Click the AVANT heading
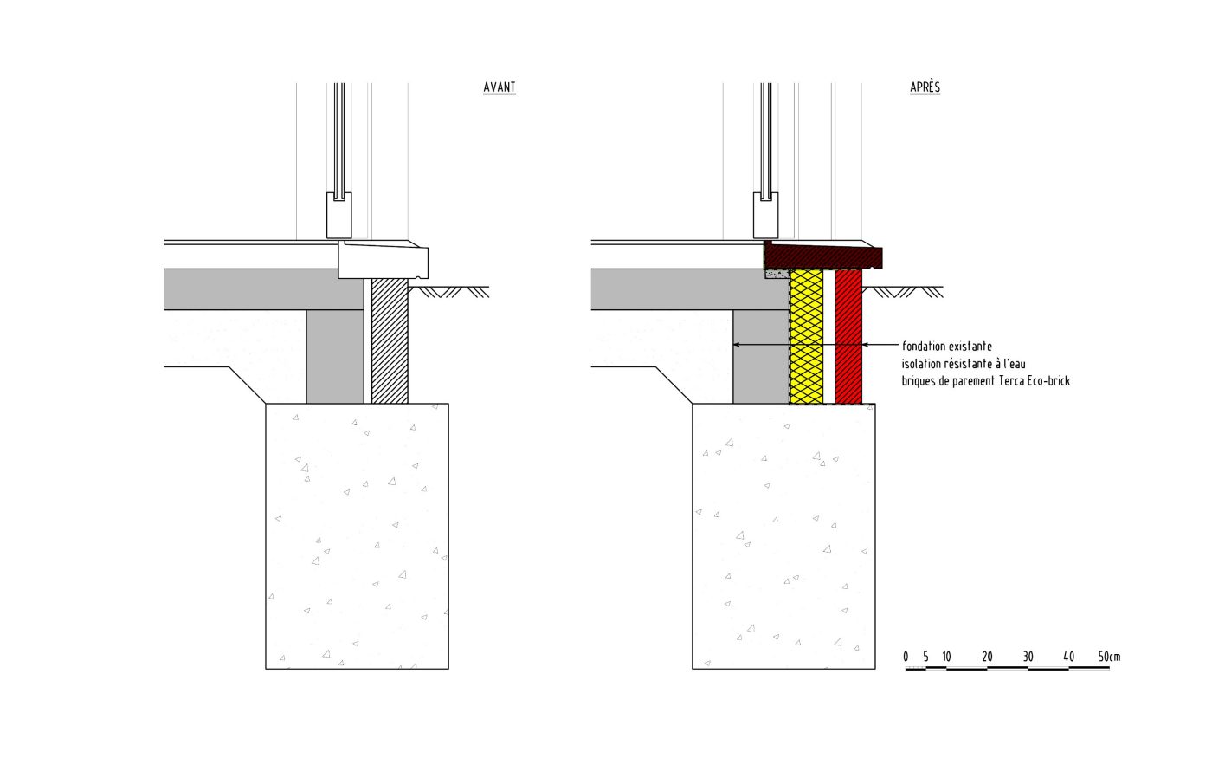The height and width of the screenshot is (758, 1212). click(500, 87)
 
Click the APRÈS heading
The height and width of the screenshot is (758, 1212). click(925, 87)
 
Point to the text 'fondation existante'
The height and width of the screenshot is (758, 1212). click(947, 346)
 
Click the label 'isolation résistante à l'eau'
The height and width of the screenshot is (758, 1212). click(964, 363)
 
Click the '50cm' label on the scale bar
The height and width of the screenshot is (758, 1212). click(1109, 657)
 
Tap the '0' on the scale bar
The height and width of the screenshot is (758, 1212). click(906, 657)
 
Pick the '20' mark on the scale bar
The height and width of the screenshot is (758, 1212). click(987, 657)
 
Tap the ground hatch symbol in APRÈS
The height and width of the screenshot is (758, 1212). click(907, 292)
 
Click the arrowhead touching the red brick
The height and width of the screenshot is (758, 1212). click(866, 345)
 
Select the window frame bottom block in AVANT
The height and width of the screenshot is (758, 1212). click(338, 215)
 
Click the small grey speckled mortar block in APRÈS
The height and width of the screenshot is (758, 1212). click(777, 274)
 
